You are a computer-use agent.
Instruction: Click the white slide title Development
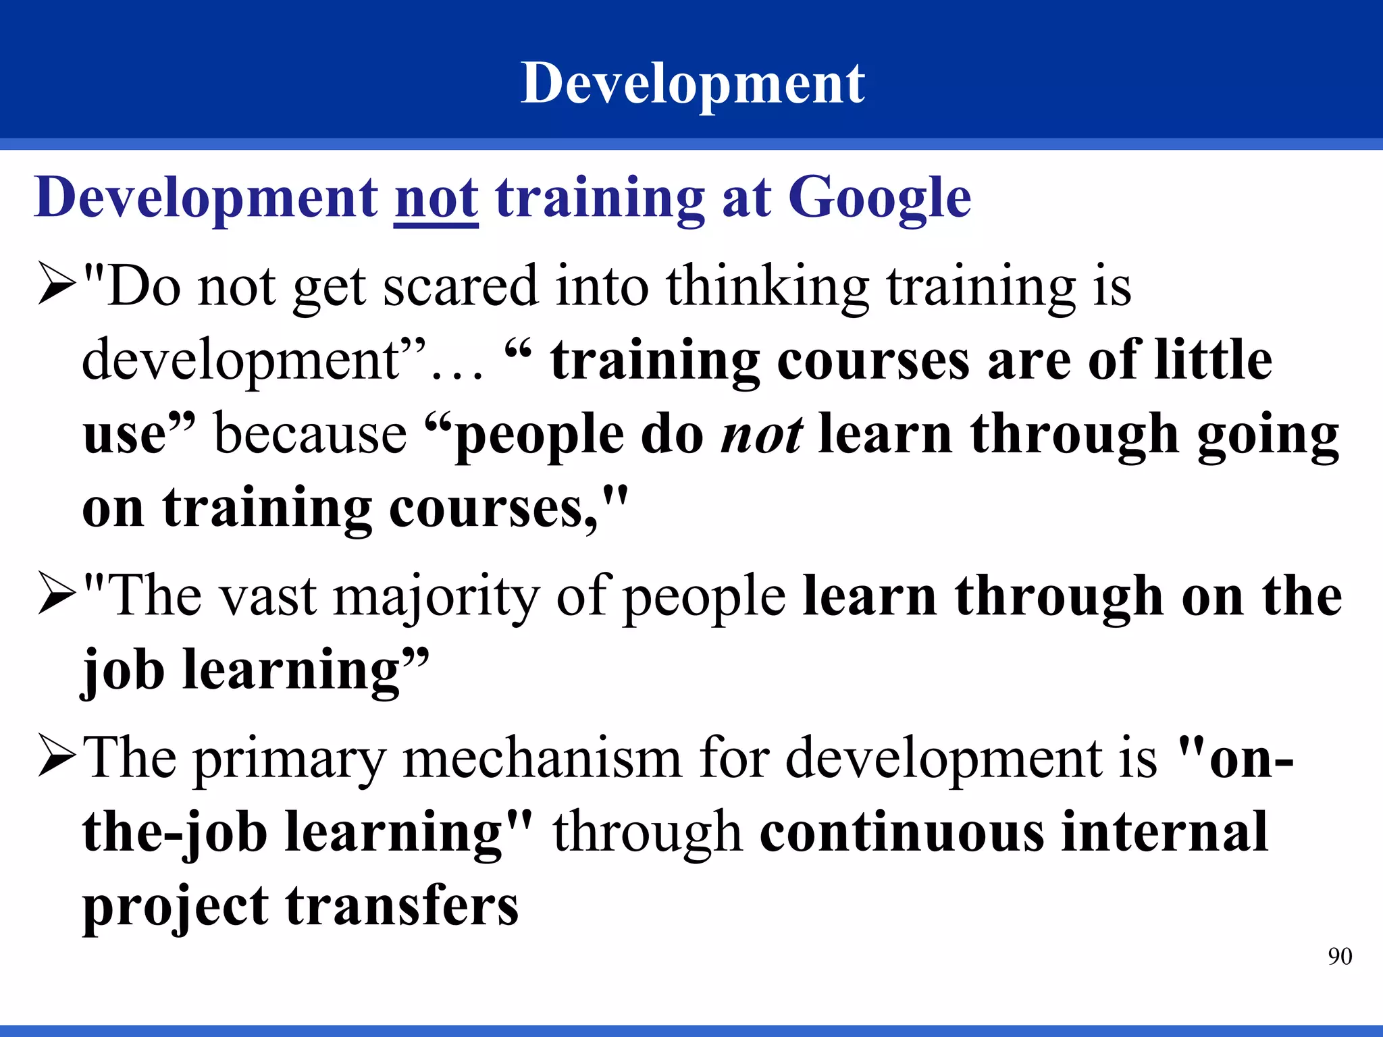click(x=692, y=84)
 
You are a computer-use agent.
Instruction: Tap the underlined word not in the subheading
click(x=436, y=198)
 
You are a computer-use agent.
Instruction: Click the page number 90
click(x=1340, y=957)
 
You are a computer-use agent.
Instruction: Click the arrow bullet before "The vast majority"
click(x=57, y=595)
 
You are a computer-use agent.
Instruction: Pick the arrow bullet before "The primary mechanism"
click(x=57, y=757)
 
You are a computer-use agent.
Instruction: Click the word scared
click(x=461, y=287)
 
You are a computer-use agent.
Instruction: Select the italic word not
click(x=762, y=435)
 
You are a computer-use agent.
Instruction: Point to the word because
click(x=311, y=435)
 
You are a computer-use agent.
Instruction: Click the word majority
click(x=437, y=598)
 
